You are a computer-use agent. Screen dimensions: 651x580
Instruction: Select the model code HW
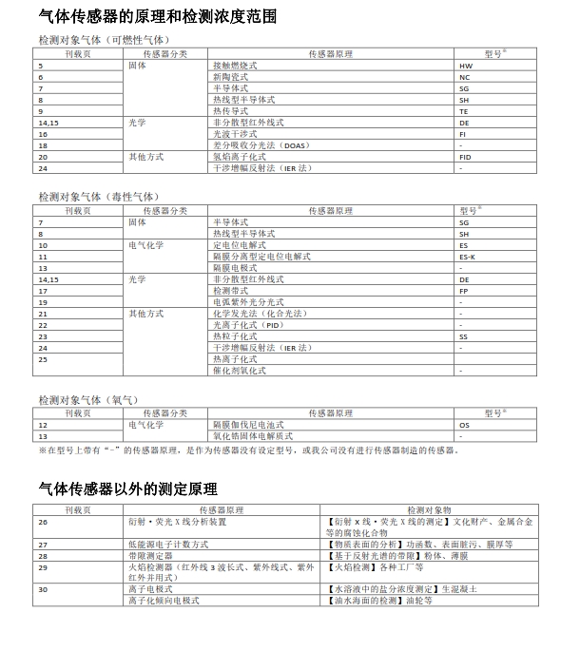[464, 67]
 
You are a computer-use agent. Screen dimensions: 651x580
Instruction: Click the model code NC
[464, 77]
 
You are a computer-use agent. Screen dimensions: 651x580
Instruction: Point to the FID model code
[465, 157]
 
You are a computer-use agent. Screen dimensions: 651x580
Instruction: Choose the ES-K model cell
[467, 257]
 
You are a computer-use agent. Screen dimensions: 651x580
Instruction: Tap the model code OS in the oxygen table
[464, 425]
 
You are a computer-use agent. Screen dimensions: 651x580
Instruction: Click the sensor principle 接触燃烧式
[235, 67]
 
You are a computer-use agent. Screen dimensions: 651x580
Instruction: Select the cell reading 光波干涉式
[235, 134]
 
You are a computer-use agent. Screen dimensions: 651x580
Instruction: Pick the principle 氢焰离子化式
[239, 157]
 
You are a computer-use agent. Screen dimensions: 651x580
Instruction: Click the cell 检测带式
[231, 291]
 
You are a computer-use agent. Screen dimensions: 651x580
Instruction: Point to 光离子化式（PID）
[248, 325]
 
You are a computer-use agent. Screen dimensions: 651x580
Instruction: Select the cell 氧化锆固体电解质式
[252, 436]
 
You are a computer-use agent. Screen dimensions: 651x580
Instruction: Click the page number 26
[43, 522]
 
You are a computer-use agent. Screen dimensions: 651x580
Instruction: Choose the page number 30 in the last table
[43, 589]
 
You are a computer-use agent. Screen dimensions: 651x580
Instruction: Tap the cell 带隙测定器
[150, 555]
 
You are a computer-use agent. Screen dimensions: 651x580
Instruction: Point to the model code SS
[464, 336]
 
